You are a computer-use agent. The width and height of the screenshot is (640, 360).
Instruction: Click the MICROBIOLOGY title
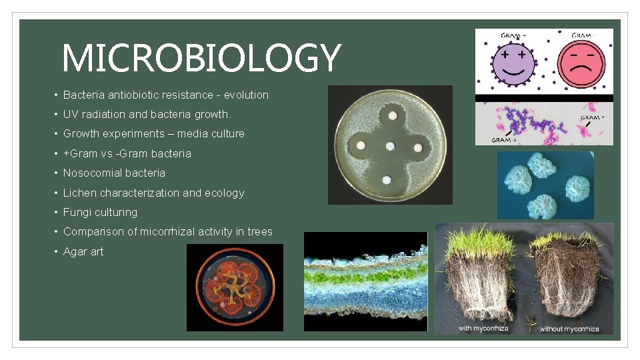tap(201, 58)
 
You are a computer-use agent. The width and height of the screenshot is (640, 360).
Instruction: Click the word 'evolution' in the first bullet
tap(246, 95)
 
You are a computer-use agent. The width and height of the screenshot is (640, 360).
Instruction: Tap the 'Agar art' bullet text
tap(83, 251)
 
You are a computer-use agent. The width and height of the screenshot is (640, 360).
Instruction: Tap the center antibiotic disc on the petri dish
tap(390, 146)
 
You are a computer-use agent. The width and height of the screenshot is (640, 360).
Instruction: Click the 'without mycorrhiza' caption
tap(569, 329)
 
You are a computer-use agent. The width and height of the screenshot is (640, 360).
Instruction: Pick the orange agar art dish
tap(235, 287)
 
